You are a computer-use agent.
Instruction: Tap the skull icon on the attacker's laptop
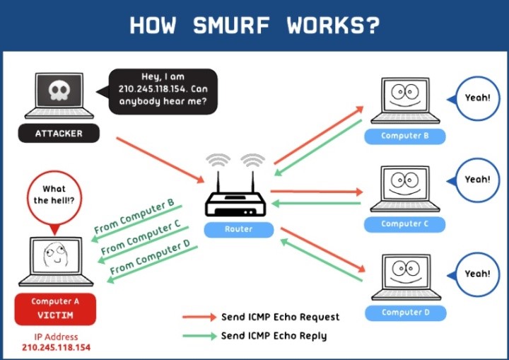pyautogui.click(x=59, y=91)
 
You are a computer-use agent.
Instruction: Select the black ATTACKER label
pyautogui.click(x=59, y=133)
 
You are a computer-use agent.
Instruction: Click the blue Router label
pyautogui.click(x=238, y=229)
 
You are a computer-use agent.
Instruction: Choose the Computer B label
pyautogui.click(x=405, y=136)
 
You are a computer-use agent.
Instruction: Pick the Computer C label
pyautogui.click(x=405, y=223)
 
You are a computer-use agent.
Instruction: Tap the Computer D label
pyautogui.click(x=405, y=312)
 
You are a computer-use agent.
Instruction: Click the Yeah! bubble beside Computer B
pyautogui.click(x=477, y=98)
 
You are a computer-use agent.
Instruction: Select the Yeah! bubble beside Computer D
pyautogui.click(x=477, y=274)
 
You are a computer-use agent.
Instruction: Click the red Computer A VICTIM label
pyautogui.click(x=54, y=308)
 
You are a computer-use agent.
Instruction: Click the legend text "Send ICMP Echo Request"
pyautogui.click(x=280, y=317)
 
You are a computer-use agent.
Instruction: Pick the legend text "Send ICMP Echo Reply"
pyautogui.click(x=274, y=336)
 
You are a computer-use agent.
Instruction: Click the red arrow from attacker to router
pyautogui.click(x=160, y=156)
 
